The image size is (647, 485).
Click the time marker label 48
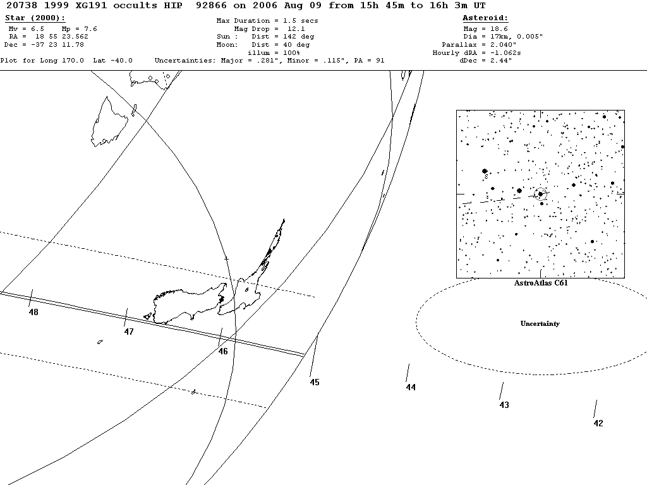point(33,312)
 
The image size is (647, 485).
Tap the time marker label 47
point(129,332)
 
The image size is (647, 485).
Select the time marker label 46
point(223,351)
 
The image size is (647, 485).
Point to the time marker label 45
point(315,382)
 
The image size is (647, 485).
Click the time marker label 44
point(411,387)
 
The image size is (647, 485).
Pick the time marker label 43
point(504,405)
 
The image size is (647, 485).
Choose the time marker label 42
point(598,423)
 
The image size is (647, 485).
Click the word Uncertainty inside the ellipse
point(540,324)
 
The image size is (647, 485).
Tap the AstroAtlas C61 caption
point(540,282)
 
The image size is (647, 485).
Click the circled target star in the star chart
point(540,194)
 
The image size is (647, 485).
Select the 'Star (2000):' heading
point(35,18)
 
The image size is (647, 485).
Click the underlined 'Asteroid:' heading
point(485,18)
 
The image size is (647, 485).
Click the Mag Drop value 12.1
point(296,29)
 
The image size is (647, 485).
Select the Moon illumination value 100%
point(273,52)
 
